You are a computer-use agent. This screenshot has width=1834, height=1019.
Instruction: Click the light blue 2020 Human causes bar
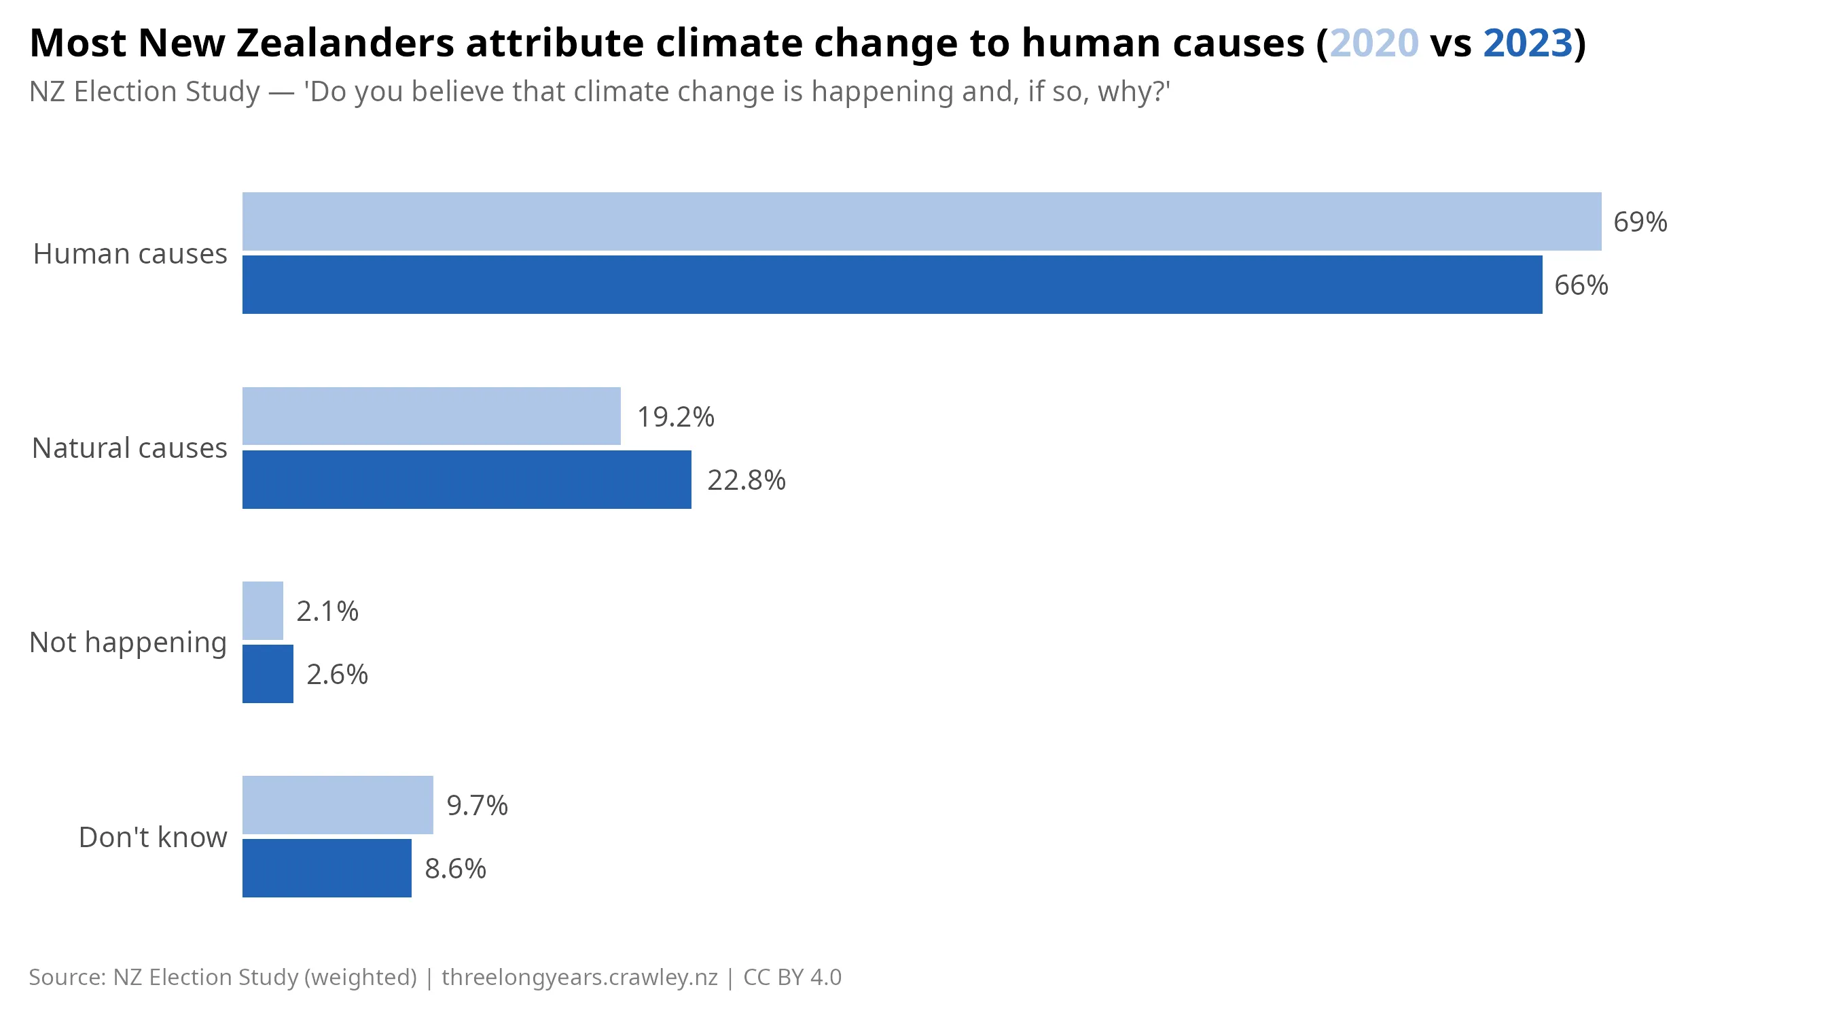921,221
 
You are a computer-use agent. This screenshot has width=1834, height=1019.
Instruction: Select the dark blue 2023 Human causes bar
891,285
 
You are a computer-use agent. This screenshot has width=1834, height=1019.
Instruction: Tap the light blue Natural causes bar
431,416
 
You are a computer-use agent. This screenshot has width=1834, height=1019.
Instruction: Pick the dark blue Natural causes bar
467,479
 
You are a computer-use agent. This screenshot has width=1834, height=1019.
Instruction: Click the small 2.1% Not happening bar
263,610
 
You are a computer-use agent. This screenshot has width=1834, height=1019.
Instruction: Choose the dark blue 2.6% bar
268,674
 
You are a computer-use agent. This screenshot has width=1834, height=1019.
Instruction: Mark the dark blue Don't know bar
327,868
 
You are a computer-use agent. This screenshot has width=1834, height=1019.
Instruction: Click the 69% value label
1640,222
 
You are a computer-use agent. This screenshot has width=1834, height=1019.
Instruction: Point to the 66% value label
1581,285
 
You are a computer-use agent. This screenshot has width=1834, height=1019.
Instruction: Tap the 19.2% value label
675,416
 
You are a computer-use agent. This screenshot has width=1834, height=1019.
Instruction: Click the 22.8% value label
746,480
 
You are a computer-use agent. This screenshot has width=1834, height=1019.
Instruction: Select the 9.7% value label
477,806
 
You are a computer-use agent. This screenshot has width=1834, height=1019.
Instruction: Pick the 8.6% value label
456,869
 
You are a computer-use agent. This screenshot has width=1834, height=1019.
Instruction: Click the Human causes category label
130,253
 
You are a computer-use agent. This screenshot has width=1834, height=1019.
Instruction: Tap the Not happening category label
128,642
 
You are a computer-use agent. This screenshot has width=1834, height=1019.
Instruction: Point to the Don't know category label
152,838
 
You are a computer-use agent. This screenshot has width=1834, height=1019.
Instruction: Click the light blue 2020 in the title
1373,43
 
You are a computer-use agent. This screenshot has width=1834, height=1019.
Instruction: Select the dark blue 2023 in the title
1527,43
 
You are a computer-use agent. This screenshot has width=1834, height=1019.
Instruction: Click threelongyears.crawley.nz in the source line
579,977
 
